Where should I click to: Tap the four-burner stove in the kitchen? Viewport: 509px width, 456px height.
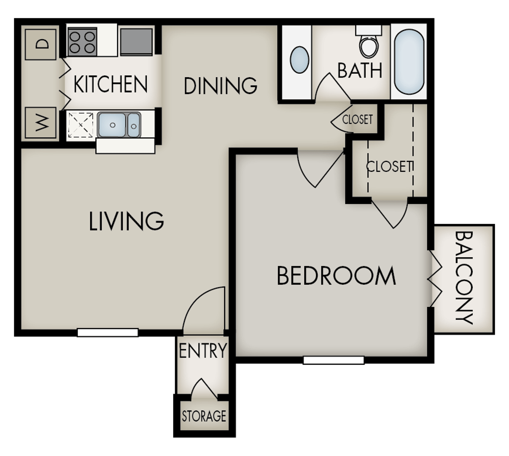click(x=82, y=42)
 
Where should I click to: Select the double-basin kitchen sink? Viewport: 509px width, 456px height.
click(x=119, y=125)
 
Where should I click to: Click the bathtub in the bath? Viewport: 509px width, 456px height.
click(x=409, y=62)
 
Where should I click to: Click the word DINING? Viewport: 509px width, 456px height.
click(x=220, y=85)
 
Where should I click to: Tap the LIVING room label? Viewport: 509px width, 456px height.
click(x=126, y=221)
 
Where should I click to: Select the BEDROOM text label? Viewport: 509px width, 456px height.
click(x=336, y=276)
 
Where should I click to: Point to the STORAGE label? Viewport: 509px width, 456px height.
click(x=204, y=416)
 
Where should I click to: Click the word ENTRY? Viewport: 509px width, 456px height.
click(x=202, y=350)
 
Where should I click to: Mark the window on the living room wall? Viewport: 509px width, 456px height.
click(x=108, y=332)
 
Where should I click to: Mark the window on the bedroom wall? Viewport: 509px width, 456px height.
click(x=334, y=360)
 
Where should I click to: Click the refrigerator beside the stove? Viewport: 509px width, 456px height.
click(x=136, y=41)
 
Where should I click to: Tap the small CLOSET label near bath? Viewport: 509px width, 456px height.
click(x=357, y=119)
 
